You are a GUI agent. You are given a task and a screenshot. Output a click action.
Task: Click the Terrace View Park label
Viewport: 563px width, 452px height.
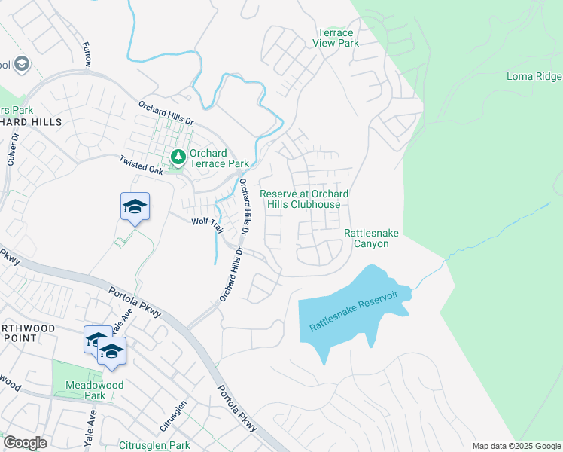[336, 38]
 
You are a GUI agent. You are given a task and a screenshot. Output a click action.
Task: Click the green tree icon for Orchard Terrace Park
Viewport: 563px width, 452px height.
[178, 157]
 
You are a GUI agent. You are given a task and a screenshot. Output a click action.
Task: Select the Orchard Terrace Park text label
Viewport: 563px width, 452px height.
[218, 157]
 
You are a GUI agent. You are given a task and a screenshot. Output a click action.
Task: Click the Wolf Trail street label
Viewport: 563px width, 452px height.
[208, 221]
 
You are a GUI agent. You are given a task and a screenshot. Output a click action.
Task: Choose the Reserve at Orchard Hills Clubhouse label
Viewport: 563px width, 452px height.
[304, 199]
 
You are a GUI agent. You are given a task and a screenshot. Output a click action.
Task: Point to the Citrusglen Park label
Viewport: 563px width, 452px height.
[154, 445]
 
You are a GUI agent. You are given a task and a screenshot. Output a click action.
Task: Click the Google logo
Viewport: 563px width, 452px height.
[25, 443]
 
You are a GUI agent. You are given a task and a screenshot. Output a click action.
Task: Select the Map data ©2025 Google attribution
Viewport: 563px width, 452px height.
[516, 446]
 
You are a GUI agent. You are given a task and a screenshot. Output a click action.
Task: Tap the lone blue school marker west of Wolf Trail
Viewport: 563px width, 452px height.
[135, 208]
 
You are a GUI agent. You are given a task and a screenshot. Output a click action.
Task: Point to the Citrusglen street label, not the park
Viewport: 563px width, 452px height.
[174, 412]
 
